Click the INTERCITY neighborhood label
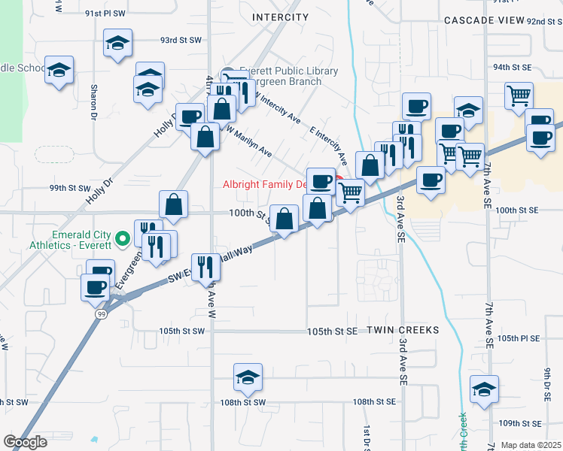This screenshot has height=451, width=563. point(281,17)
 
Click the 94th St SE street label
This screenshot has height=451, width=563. point(512,67)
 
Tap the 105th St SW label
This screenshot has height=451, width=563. point(181,331)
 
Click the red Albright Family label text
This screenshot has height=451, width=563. point(265,184)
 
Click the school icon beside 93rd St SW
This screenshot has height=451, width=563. point(118,43)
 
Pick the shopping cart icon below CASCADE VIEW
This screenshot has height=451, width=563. point(519,96)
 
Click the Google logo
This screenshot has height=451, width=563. point(25,442)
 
